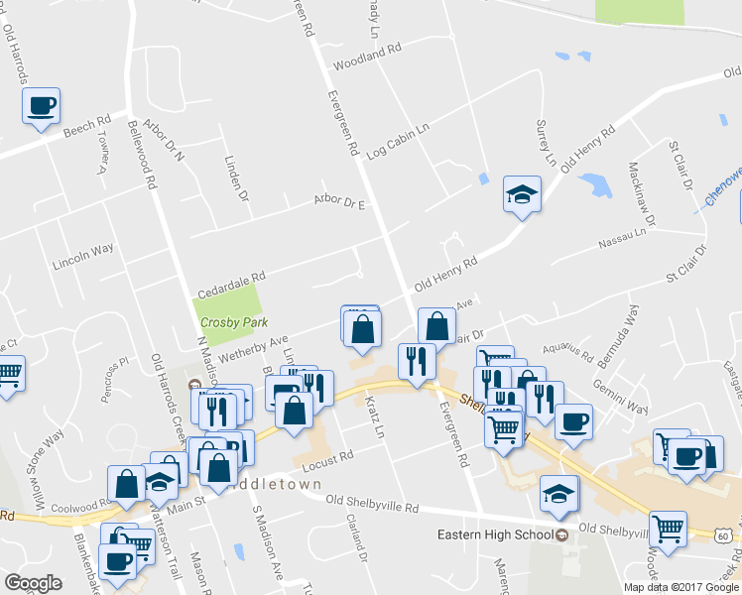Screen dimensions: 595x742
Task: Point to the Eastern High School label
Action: (x=495, y=535)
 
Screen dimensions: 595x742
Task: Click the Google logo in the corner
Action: (x=33, y=583)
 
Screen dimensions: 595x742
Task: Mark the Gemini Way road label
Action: (x=620, y=401)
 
